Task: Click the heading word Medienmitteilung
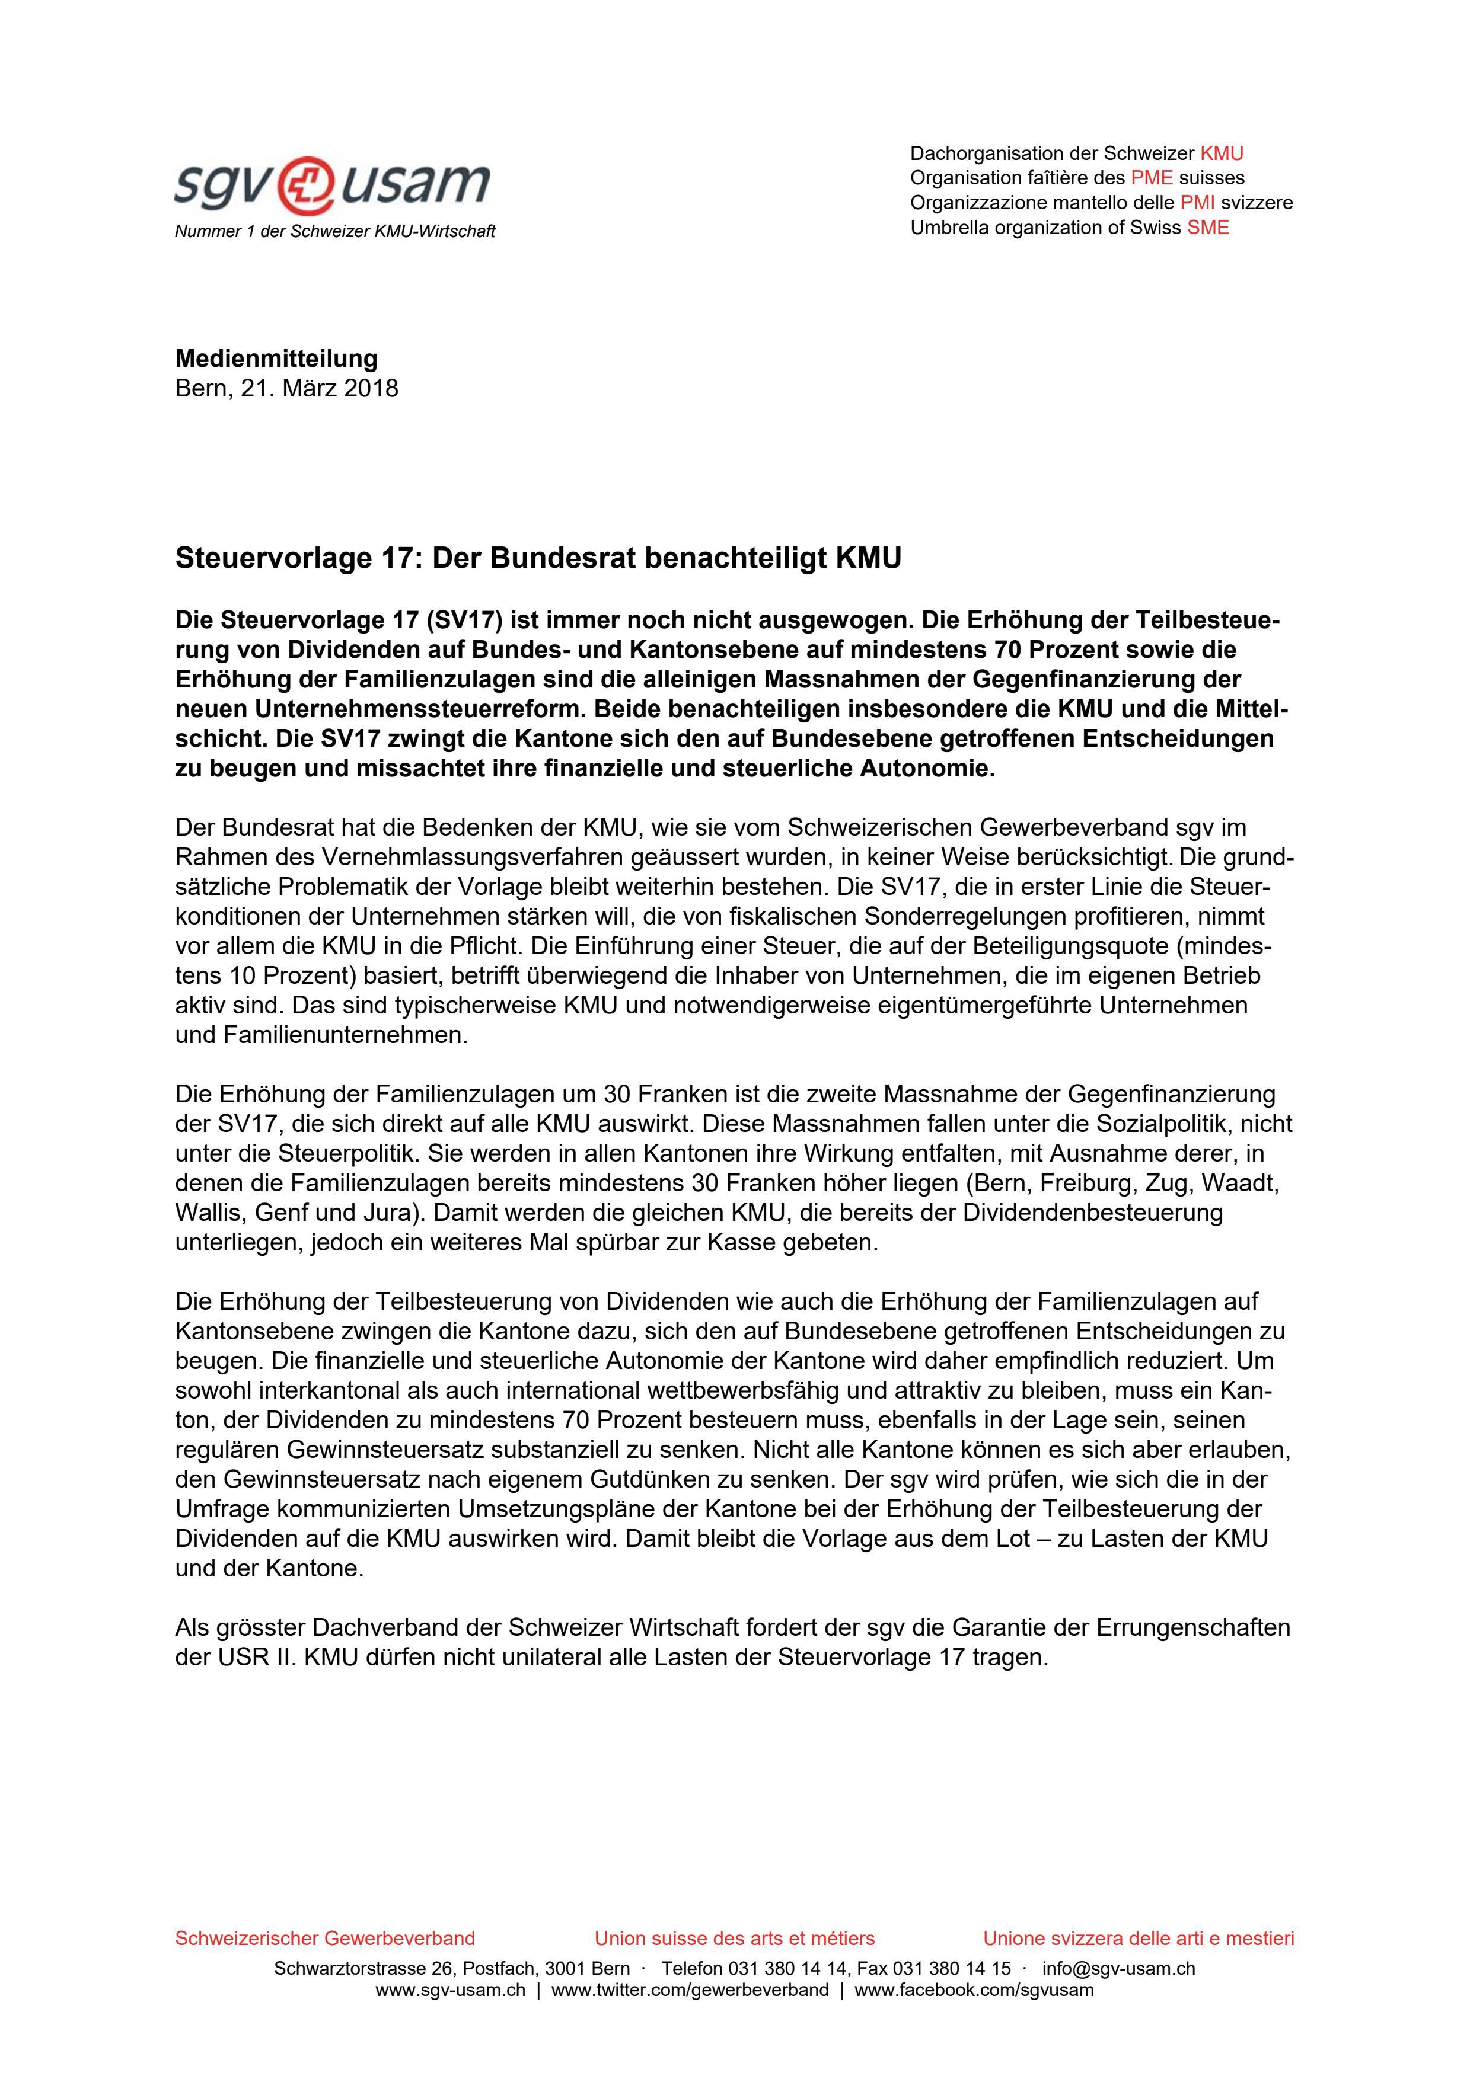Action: [x=276, y=359]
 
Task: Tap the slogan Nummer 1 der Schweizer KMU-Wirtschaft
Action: [x=334, y=232]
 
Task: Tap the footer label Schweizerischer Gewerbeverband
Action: [x=324, y=1939]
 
